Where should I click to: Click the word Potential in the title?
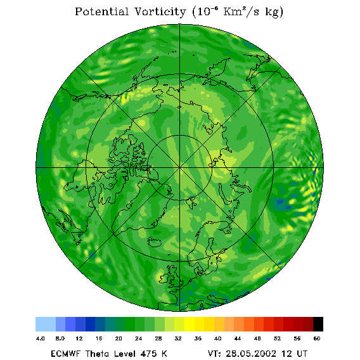point(101,11)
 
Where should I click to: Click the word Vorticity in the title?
point(160,11)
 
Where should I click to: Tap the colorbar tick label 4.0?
point(41,338)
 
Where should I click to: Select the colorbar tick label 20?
point(119,338)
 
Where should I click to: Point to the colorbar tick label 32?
point(178,338)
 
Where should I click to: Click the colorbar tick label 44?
point(238,338)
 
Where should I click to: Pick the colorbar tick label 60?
point(317,338)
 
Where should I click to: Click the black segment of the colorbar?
point(318,324)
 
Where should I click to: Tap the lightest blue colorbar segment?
point(46,324)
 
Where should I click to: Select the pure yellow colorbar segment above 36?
point(190,324)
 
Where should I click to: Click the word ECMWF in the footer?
point(66,354)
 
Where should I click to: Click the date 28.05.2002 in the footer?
point(251,354)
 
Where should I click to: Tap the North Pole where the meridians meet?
point(180,168)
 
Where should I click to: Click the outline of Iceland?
point(154,242)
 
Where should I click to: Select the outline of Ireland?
point(164,278)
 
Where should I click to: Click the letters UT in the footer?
point(302,354)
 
